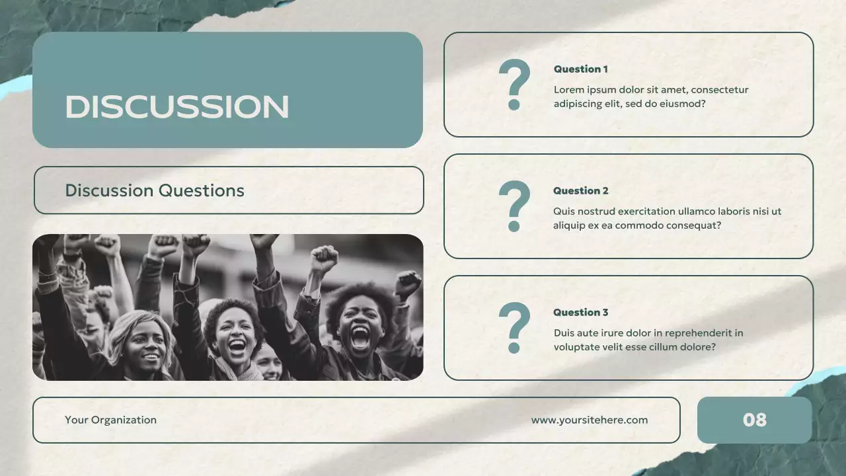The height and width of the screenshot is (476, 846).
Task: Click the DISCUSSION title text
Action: [x=176, y=107]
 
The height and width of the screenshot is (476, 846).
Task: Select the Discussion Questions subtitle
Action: [x=155, y=191]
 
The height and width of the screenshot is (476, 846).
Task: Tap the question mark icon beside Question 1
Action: [x=514, y=85]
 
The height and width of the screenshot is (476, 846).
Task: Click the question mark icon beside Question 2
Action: [x=514, y=206]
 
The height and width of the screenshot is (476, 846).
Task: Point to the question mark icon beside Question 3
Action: [x=514, y=328]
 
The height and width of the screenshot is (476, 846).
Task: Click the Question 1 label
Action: [x=580, y=69]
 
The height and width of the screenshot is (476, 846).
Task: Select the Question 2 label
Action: [x=580, y=191]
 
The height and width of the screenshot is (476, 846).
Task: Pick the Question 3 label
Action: [x=580, y=313]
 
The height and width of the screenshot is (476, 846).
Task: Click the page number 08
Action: [x=754, y=420]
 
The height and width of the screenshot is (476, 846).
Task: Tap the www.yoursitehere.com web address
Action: [x=590, y=420]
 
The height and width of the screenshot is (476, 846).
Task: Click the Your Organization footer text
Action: [x=110, y=420]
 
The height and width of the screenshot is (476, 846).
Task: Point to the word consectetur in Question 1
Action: [x=720, y=90]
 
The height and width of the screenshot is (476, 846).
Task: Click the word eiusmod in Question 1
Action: [x=683, y=104]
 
